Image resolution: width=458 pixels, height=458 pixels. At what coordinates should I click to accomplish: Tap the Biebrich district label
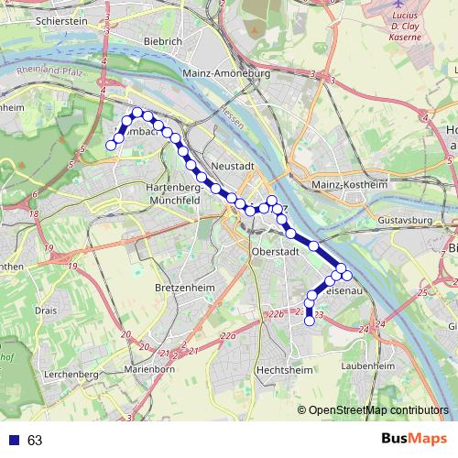coord(164,41)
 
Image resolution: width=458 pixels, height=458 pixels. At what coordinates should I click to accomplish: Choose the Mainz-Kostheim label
coord(350,184)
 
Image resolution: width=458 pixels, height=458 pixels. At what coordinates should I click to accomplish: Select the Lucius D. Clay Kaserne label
coord(405,28)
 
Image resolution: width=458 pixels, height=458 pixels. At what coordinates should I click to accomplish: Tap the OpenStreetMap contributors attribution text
coord(378,410)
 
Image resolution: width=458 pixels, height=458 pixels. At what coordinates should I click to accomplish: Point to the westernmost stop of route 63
coord(111,145)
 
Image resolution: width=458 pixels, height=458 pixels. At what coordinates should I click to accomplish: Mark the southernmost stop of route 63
coord(310,321)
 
